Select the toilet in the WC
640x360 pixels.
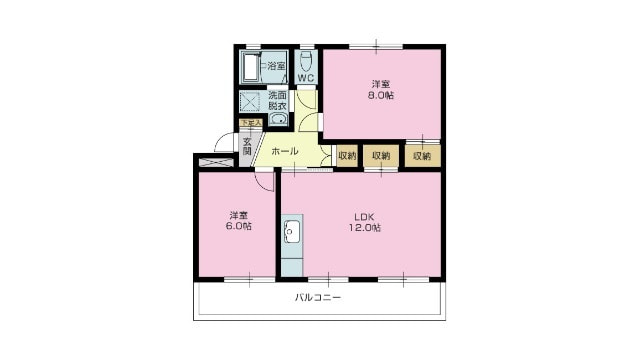(x=306, y=58)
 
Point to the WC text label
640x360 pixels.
(x=306, y=79)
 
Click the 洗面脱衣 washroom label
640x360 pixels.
(x=277, y=101)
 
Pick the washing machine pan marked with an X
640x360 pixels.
(x=250, y=101)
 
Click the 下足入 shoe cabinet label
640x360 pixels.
(x=250, y=123)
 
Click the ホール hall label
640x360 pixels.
(x=285, y=152)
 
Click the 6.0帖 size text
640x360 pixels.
(x=238, y=226)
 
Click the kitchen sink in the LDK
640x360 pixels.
(x=293, y=233)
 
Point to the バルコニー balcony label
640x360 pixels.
(x=318, y=299)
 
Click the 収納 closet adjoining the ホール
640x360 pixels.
(x=346, y=155)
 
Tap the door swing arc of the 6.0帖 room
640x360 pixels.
(x=264, y=182)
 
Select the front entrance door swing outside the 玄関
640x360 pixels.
(x=226, y=142)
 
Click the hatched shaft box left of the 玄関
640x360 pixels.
(x=215, y=160)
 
